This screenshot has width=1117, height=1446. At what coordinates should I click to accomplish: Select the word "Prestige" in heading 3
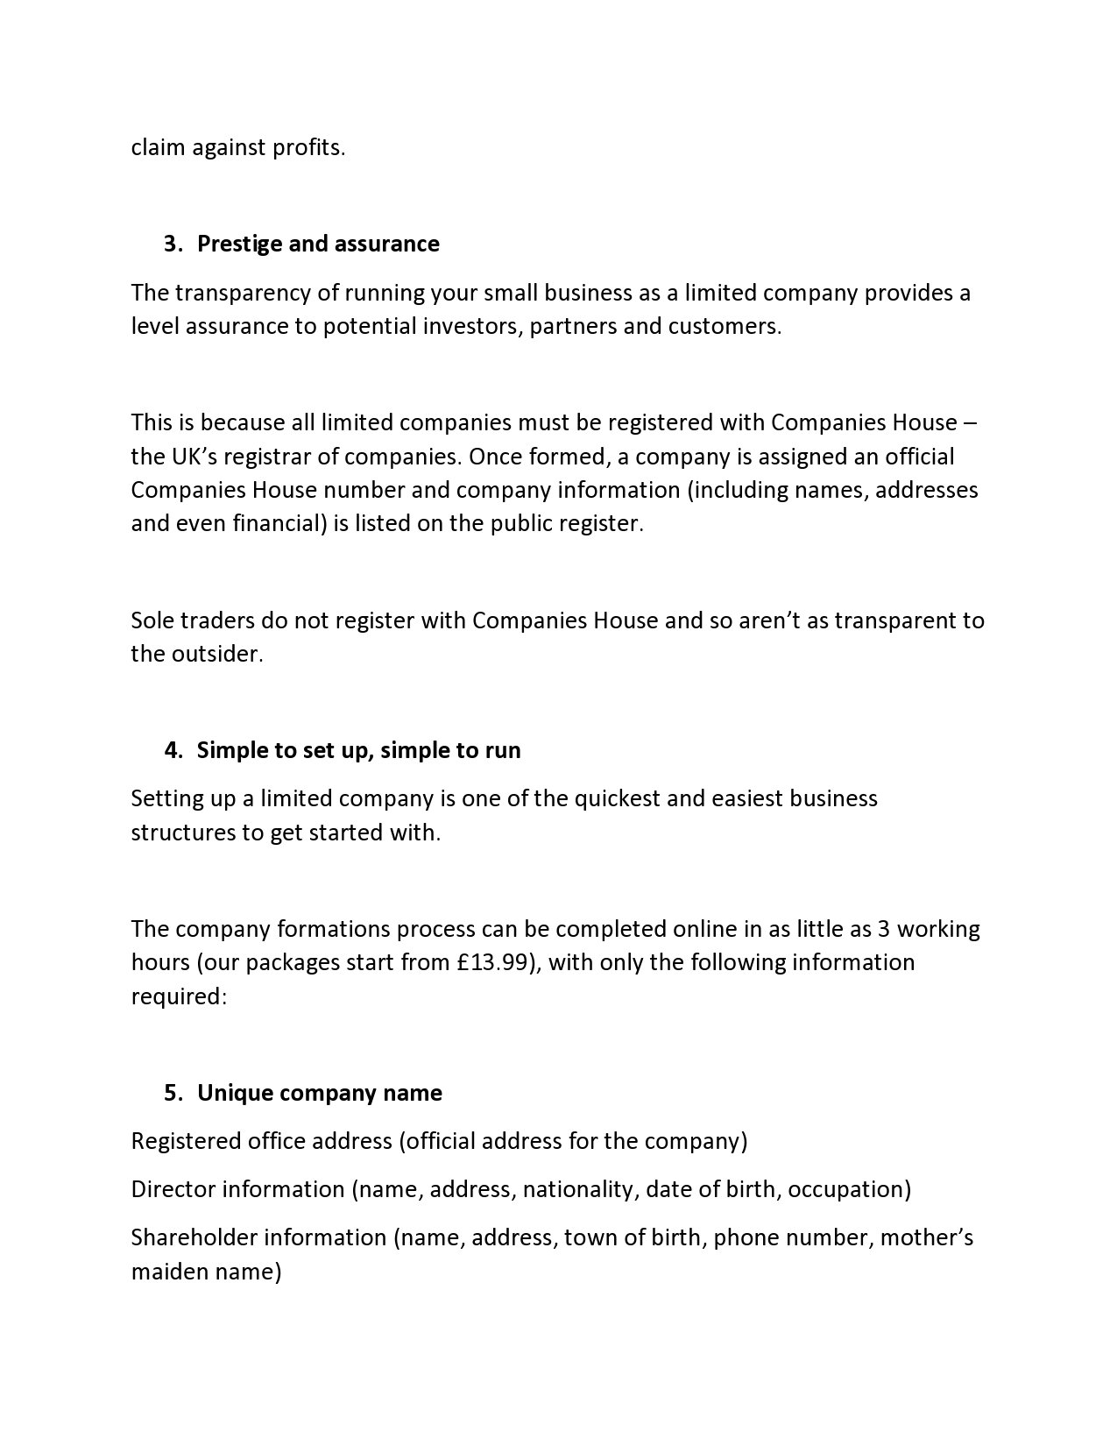239,244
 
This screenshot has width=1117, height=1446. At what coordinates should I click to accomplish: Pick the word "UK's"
183,457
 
